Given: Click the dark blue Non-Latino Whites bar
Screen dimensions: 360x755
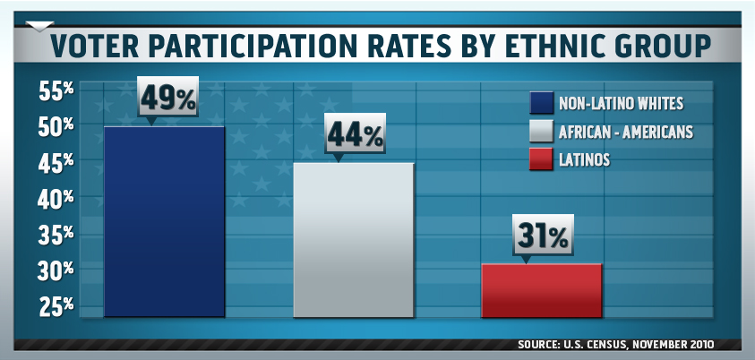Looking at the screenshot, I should [164, 221].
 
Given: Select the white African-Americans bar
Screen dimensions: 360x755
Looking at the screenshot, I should [353, 239].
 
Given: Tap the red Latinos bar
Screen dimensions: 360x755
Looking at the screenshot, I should [541, 290].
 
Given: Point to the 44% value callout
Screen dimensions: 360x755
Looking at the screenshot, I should [355, 135].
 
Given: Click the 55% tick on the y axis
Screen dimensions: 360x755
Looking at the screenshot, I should [56, 90].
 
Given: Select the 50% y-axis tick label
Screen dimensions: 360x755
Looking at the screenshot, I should [56, 126].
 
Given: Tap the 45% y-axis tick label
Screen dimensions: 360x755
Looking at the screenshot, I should [56, 163].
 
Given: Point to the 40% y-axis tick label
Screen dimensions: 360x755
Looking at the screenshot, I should [56, 199].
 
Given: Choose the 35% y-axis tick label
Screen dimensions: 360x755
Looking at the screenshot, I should [56, 235].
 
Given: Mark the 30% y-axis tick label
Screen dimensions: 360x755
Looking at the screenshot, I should [56, 270].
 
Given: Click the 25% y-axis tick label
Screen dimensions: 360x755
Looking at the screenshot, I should [56, 306].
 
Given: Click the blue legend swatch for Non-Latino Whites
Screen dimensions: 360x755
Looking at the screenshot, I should [541, 102].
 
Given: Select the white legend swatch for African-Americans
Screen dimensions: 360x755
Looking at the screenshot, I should [541, 132].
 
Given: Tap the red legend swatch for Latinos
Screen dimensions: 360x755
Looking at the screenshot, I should [541, 160].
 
